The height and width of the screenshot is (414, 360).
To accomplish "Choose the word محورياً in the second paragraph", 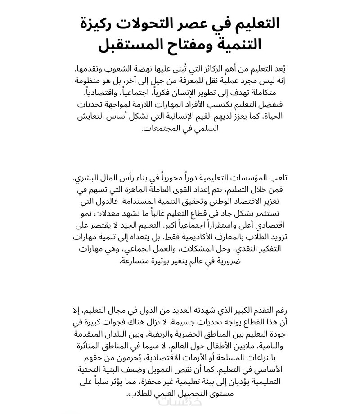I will click(168, 177).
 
